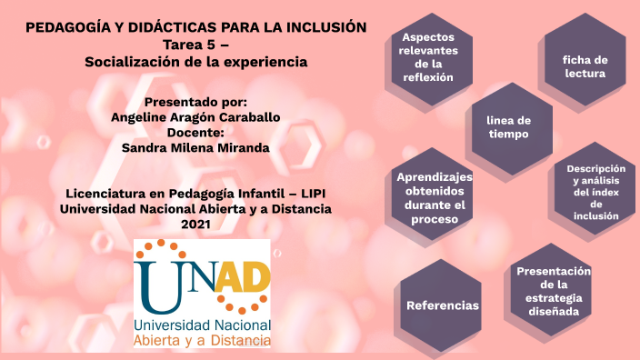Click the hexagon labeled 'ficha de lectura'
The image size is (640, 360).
pyautogui.click(x=585, y=66)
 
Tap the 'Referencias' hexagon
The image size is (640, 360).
pyautogui.click(x=442, y=305)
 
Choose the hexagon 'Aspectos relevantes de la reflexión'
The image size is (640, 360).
pyautogui.click(x=428, y=58)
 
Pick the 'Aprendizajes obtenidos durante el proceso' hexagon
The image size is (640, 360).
pyautogui.click(x=435, y=197)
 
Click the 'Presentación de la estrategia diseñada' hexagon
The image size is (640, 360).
pyautogui.click(x=553, y=291)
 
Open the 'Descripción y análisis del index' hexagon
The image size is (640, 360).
pyautogui.click(x=595, y=192)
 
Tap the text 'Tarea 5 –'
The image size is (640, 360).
pyautogui.click(x=195, y=45)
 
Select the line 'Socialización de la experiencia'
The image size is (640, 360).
pyautogui.click(x=195, y=62)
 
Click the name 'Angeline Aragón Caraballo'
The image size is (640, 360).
pyautogui.click(x=195, y=117)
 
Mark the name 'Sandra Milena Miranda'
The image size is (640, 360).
pyautogui.click(x=195, y=148)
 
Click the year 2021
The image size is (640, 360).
pyautogui.click(x=195, y=224)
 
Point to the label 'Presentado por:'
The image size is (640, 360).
pyautogui.click(x=195, y=102)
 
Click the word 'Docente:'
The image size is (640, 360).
pyautogui.click(x=195, y=133)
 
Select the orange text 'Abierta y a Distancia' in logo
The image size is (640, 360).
pyautogui.click(x=202, y=340)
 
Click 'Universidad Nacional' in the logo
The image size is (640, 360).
pyautogui.click(x=202, y=324)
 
